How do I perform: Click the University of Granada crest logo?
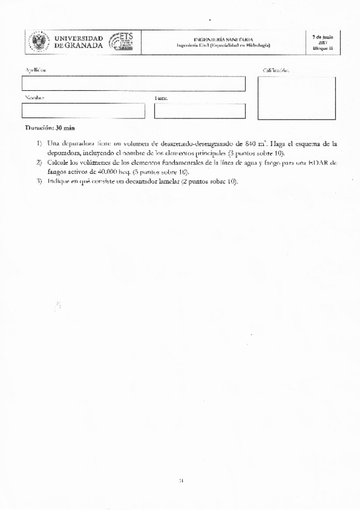click(x=40, y=41)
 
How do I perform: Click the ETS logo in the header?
click(x=123, y=41)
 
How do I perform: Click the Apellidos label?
click(x=35, y=71)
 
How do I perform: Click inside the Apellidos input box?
click(x=133, y=84)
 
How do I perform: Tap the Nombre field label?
click(x=34, y=97)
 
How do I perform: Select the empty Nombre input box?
click(x=83, y=111)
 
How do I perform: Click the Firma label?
click(x=160, y=97)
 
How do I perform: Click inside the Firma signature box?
click(x=200, y=111)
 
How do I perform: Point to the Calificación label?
click(x=276, y=71)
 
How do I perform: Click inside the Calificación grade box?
click(x=296, y=98)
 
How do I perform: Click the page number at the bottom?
click(x=180, y=480)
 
